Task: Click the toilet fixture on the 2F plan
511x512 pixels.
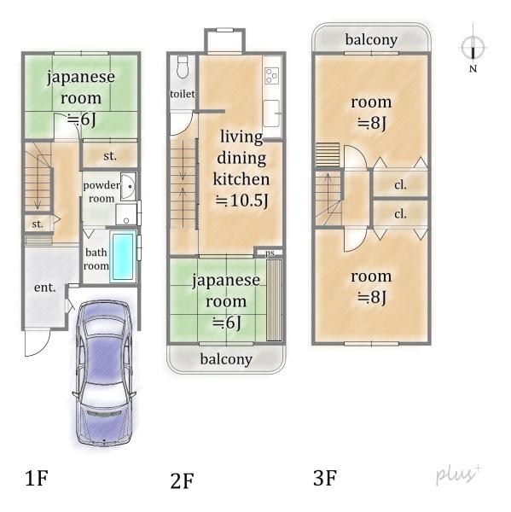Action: coord(183,67)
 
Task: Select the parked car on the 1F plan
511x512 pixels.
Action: coord(104,373)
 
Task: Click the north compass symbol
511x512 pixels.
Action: coord(473,48)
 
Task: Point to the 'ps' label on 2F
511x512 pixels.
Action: coord(270,253)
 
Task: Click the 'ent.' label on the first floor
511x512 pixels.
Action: coord(44,288)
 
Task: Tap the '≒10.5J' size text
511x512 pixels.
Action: coord(241,200)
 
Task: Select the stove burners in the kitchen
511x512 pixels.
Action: coord(271,75)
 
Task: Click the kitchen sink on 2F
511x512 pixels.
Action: coord(271,113)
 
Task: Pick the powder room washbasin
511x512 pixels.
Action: coord(128,187)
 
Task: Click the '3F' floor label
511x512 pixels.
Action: coord(324,478)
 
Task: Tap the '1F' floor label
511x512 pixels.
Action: coord(36,478)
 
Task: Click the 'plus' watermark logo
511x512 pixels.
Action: coord(458,474)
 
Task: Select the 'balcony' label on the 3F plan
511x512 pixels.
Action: coord(372,40)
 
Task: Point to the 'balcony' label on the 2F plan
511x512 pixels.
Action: coord(226,359)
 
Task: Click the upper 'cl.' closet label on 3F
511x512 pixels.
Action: coord(400,185)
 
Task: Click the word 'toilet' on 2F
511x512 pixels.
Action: coord(183,94)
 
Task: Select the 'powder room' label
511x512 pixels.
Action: coord(102,192)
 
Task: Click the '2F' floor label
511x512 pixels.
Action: coord(182,480)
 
